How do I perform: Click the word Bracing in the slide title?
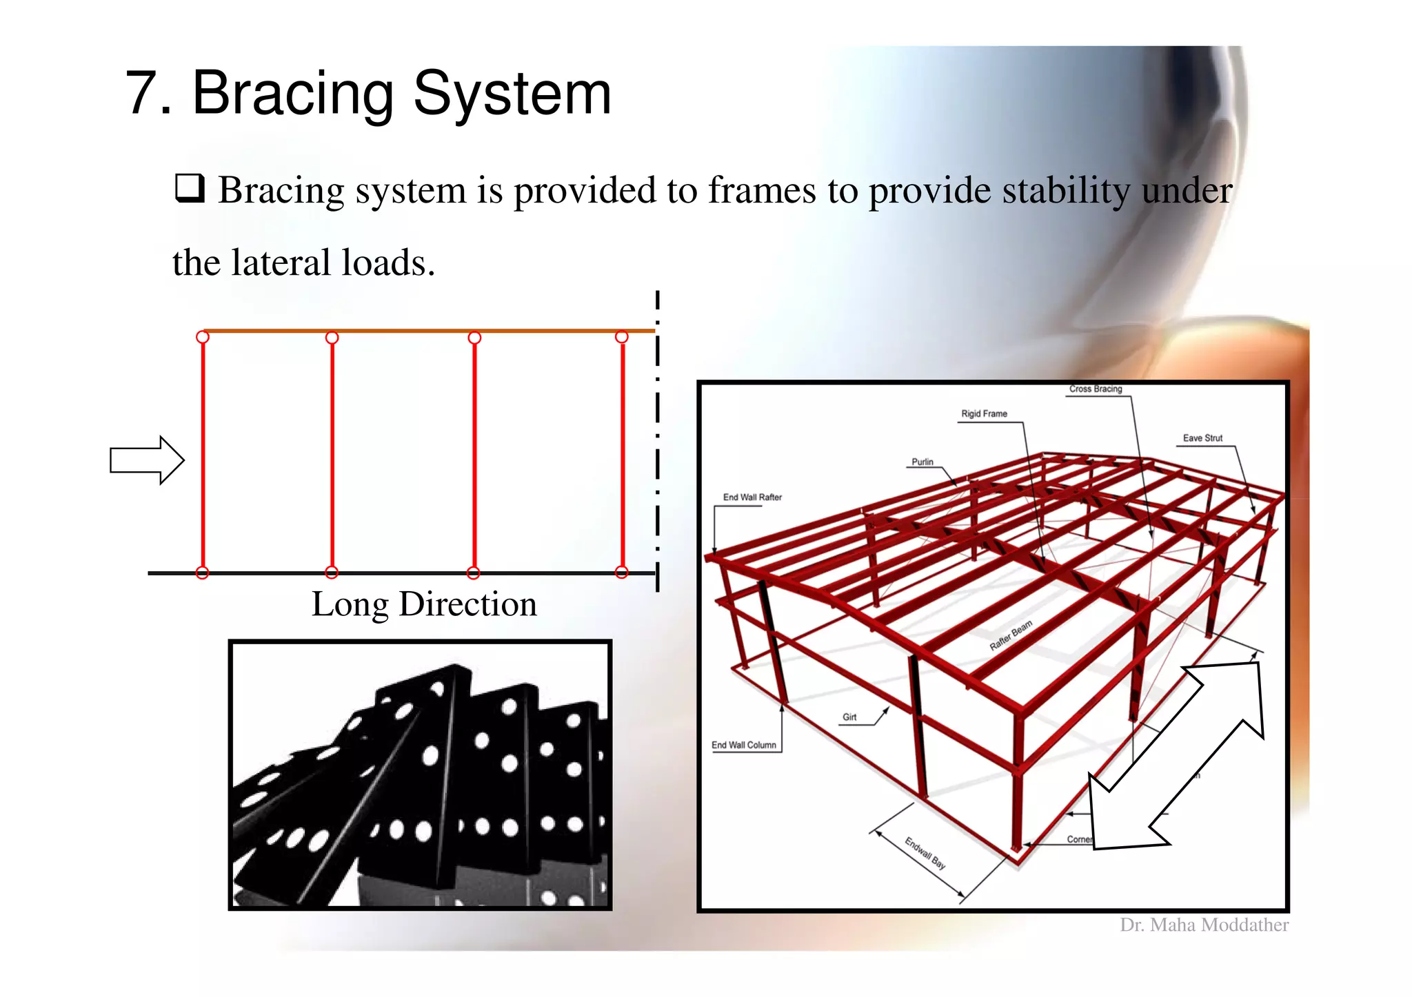pos(292,94)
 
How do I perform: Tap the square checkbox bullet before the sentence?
pos(190,188)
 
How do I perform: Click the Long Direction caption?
pos(424,604)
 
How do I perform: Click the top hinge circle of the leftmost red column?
pos(202,337)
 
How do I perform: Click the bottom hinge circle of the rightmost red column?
pos(622,573)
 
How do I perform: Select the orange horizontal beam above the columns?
pos(427,331)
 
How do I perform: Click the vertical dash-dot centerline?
pos(658,441)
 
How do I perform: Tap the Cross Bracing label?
pos(1096,389)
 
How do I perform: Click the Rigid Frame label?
pos(984,414)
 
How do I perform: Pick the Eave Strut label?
pos(1202,438)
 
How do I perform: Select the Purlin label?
pos(922,462)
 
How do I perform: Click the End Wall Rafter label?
pos(752,497)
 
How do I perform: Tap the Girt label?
pos(849,717)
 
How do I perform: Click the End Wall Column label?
pos(743,746)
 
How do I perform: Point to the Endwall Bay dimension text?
pos(925,854)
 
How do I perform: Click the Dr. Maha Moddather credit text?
pos(1204,925)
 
